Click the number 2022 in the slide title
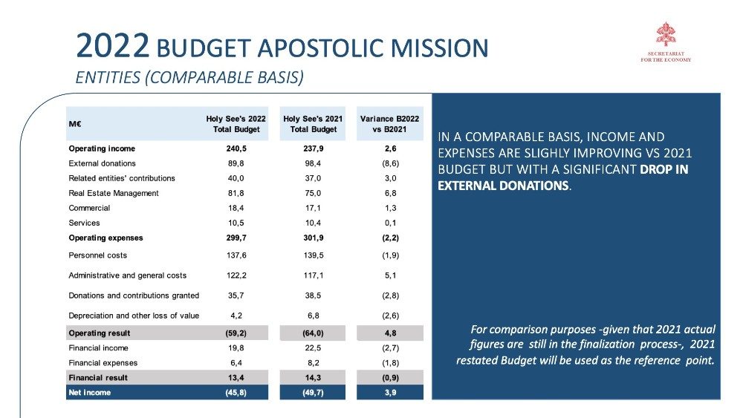(113, 48)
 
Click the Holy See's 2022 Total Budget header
(236, 124)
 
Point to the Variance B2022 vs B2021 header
(390, 124)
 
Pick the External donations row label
(102, 163)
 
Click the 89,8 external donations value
(236, 163)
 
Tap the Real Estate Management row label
(114, 193)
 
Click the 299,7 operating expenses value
(236, 238)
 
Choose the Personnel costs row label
(97, 255)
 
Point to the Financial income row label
(98, 348)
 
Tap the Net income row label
(89, 393)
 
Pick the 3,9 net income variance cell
(390, 393)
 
